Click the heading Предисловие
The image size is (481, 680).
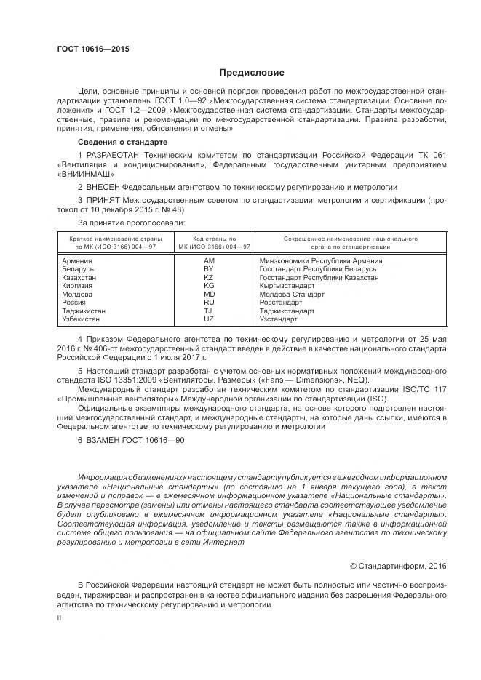pos(252,73)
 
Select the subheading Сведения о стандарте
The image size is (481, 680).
pos(122,141)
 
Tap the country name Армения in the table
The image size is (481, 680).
pos(77,260)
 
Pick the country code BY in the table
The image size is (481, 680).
pos(208,269)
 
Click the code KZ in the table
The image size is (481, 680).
pos(208,278)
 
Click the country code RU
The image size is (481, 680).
pos(208,302)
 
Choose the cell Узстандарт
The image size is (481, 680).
pos(279,319)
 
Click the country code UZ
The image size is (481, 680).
pos(208,319)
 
